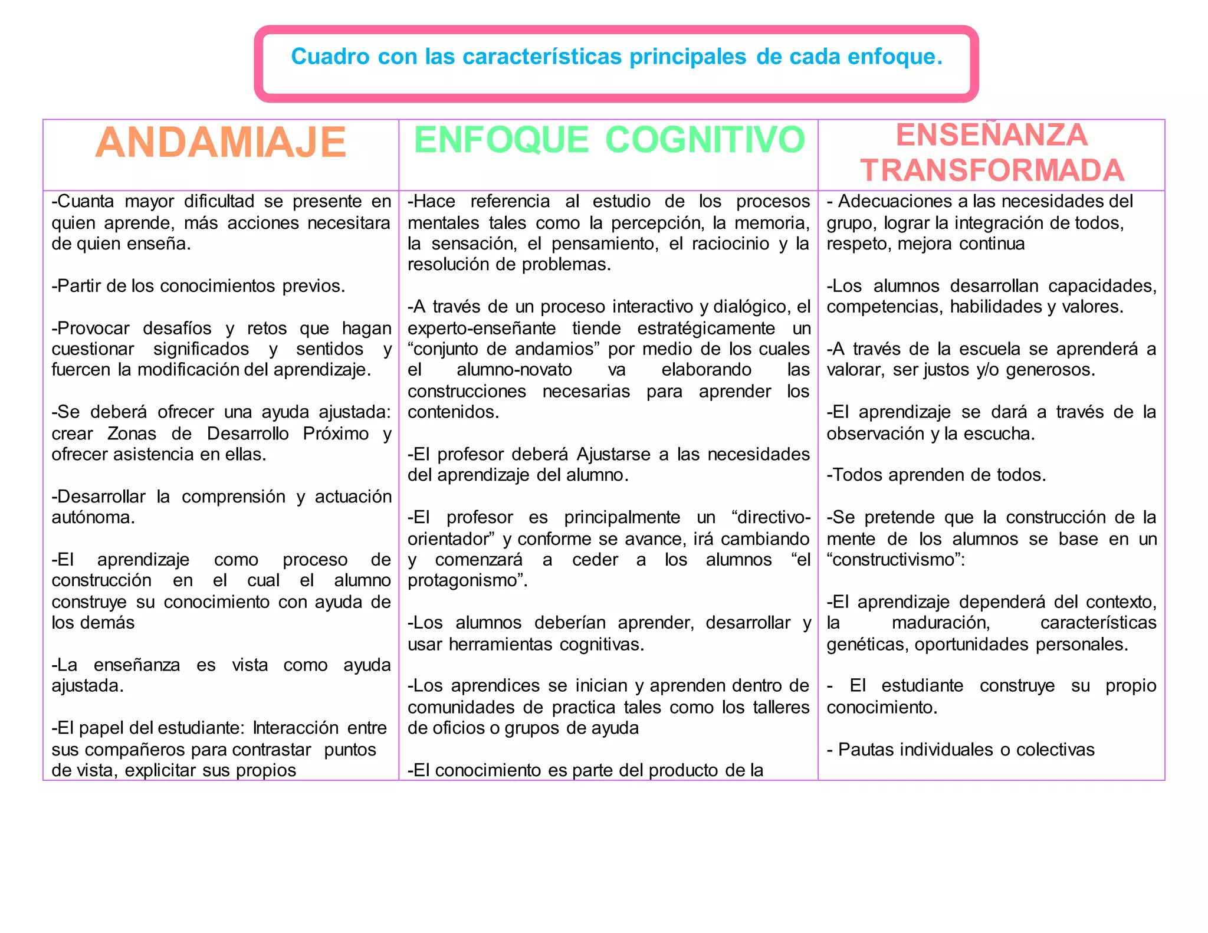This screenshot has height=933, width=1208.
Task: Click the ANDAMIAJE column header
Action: click(x=221, y=143)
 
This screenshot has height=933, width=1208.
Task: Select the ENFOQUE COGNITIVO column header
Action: click(x=609, y=140)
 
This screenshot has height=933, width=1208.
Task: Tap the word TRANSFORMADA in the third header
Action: click(x=992, y=170)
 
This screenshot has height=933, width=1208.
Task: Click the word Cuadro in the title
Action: click(x=330, y=57)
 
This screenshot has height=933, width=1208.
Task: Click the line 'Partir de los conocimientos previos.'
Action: click(x=198, y=286)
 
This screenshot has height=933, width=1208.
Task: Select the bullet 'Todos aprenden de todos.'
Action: click(x=936, y=475)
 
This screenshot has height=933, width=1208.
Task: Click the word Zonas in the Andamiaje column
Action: click(x=132, y=433)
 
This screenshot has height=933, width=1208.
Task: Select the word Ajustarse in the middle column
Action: click(x=613, y=455)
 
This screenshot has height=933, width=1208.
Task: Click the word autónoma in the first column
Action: click(x=92, y=518)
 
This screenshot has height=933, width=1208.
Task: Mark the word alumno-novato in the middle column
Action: click(x=514, y=370)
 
